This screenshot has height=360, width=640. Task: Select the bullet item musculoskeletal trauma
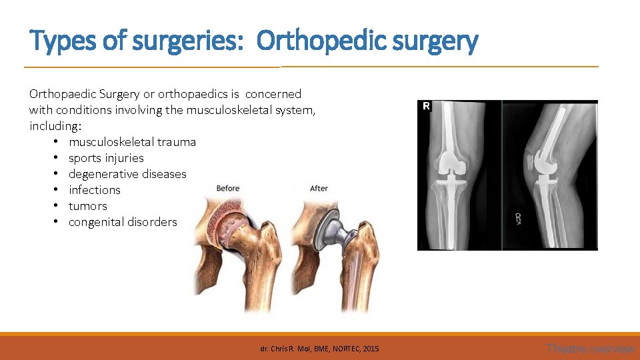click(132, 142)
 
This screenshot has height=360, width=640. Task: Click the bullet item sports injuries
click(106, 158)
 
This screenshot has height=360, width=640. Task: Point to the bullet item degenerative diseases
click(127, 174)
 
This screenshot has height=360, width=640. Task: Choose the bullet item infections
click(95, 190)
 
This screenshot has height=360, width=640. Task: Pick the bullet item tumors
click(88, 206)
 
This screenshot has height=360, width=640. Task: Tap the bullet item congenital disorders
click(123, 222)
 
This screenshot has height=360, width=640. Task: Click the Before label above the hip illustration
click(228, 189)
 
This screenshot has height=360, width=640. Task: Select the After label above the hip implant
click(319, 189)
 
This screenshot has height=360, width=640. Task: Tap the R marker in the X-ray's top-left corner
click(425, 107)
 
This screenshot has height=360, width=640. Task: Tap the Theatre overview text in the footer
click(590, 348)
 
